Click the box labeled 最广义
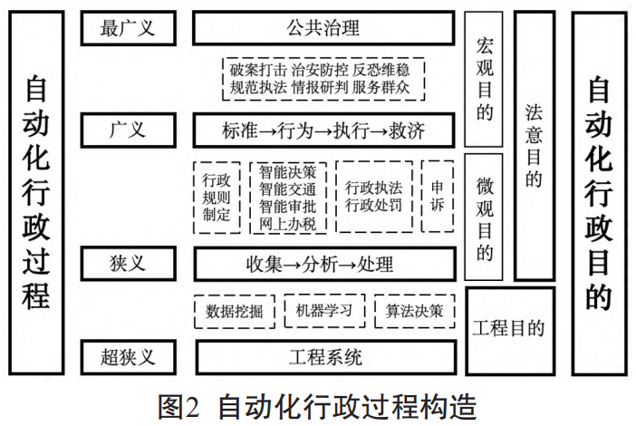[127, 28]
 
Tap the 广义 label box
[127, 131]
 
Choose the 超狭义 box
[127, 356]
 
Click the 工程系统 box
[323, 356]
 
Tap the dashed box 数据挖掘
[235, 311]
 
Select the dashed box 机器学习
[323, 311]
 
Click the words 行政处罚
[374, 205]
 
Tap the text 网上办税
[287, 222]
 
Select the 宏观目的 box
[484, 79]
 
